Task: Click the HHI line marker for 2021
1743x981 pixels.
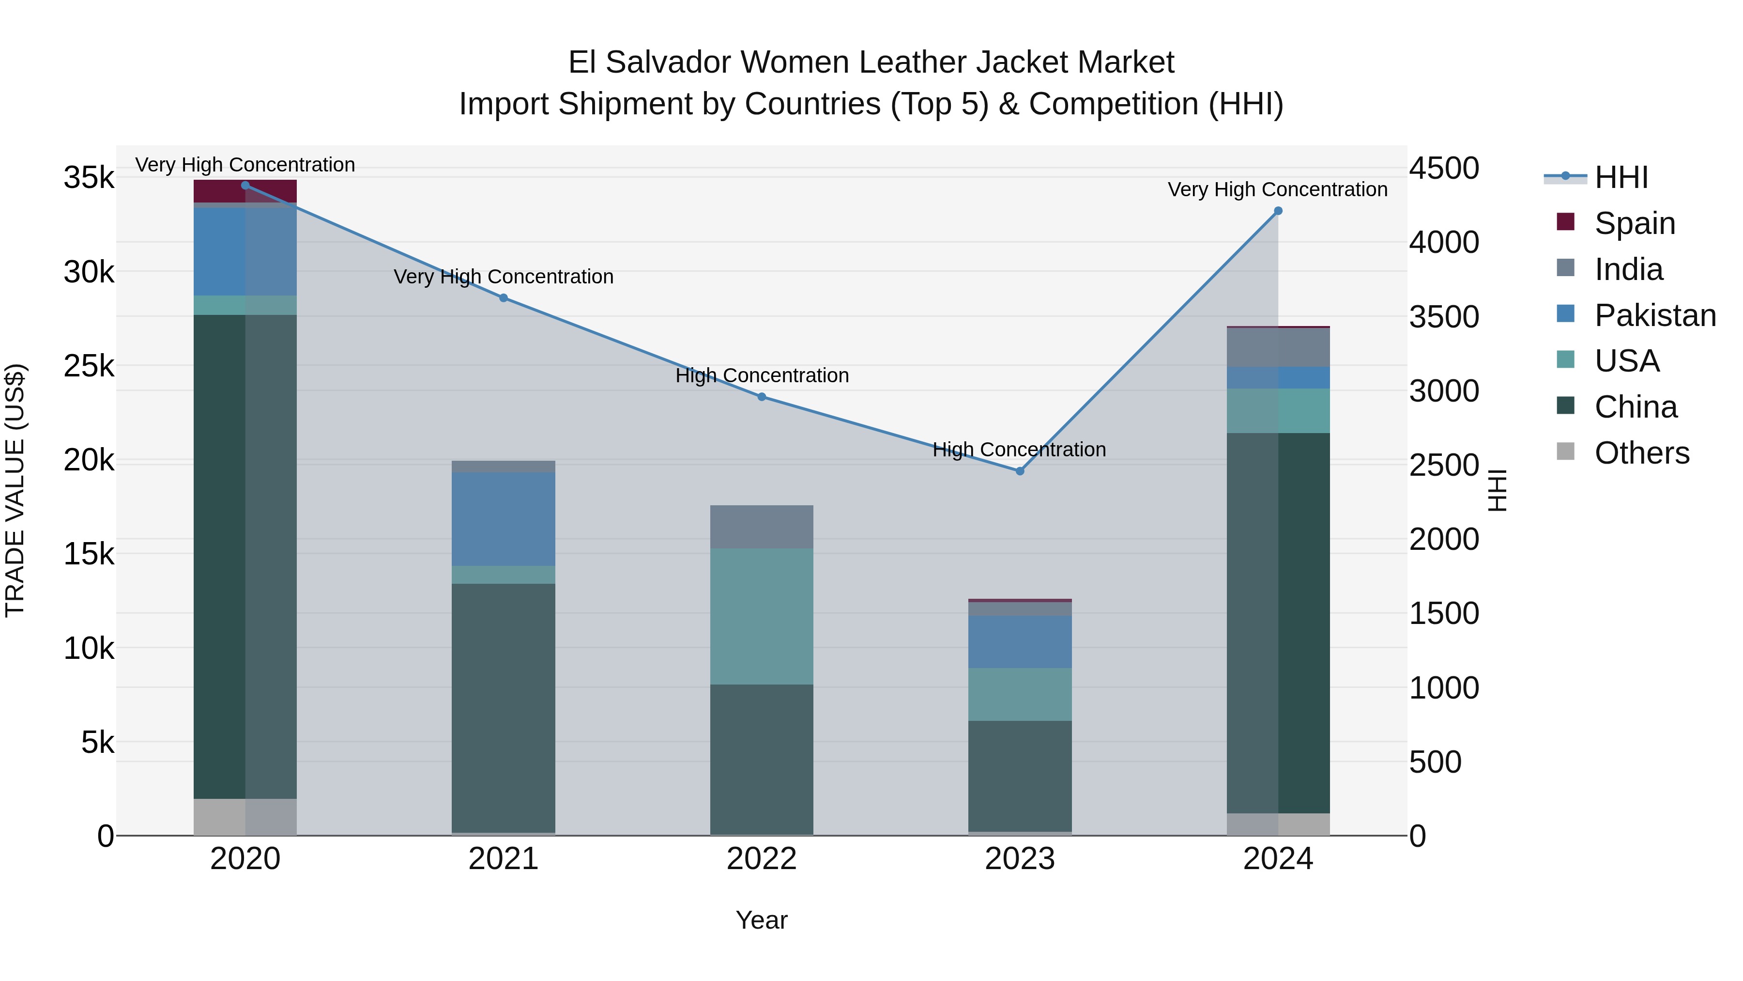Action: click(504, 298)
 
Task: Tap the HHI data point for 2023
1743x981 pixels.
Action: click(1020, 471)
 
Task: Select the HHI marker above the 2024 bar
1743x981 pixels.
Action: click(1278, 211)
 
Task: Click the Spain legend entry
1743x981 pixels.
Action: click(1634, 223)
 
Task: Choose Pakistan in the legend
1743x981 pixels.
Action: click(1654, 315)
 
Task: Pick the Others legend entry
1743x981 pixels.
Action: click(1641, 453)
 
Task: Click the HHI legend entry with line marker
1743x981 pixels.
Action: click(1621, 177)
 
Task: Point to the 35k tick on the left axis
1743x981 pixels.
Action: click(89, 178)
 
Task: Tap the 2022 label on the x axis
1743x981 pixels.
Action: click(761, 859)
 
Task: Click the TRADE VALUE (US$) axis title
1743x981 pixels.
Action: click(15, 490)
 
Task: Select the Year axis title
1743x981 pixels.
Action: click(761, 920)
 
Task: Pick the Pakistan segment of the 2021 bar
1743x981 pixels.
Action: click(504, 518)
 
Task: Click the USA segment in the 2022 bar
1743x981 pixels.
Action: click(761, 616)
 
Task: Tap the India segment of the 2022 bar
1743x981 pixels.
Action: click(761, 527)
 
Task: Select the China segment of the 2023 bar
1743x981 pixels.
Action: click(1020, 776)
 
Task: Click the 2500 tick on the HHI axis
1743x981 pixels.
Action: click(1444, 465)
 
